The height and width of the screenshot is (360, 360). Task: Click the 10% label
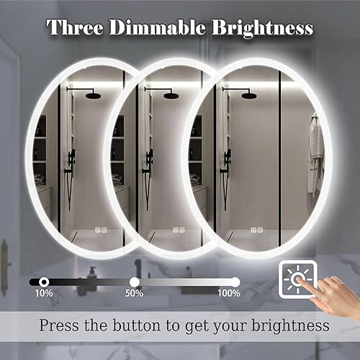point(43,293)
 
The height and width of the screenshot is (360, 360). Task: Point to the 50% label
point(135,293)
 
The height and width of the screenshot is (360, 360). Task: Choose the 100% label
point(229,293)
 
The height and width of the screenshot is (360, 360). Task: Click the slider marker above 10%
point(44,281)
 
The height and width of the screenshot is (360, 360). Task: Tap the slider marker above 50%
point(135,281)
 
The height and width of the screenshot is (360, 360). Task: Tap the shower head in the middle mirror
point(171,94)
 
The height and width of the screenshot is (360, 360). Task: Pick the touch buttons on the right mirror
point(256,231)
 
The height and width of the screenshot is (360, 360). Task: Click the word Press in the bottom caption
point(61,325)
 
